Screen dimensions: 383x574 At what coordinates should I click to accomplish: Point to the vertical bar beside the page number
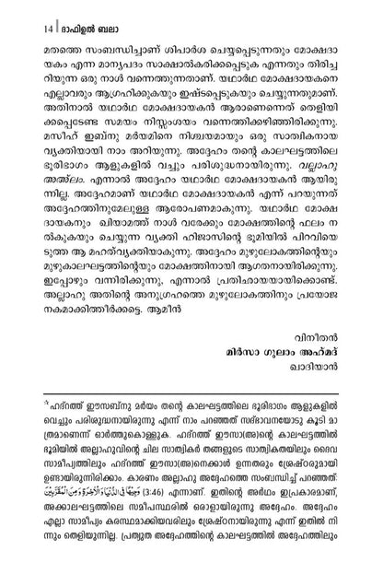click(x=31, y=17)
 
